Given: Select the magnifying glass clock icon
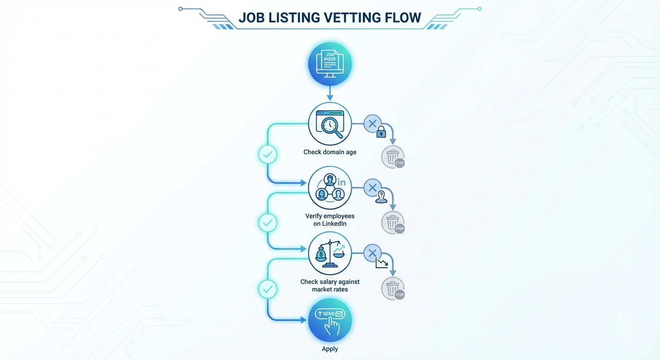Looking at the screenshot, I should [330, 124].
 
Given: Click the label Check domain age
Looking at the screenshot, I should [330, 152].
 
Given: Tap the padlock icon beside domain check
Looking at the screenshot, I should [381, 132].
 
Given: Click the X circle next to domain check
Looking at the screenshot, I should [372, 124].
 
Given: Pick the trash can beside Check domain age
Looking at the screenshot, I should [392, 157].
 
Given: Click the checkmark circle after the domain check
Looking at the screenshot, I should [268, 154].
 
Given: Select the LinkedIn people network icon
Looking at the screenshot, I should [330, 187].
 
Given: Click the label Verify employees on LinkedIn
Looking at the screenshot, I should [330, 220].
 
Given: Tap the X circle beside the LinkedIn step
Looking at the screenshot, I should [372, 188].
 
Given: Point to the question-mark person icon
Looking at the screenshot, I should [381, 197].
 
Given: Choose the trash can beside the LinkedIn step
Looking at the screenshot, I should [392, 222].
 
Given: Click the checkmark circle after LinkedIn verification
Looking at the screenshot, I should [268, 223].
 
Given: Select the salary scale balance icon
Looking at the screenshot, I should [330, 254].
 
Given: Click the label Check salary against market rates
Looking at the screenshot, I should [330, 285].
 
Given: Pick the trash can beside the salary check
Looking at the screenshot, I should [392, 288].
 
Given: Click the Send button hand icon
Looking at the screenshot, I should [330, 321].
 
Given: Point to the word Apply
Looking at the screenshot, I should [330, 349].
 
